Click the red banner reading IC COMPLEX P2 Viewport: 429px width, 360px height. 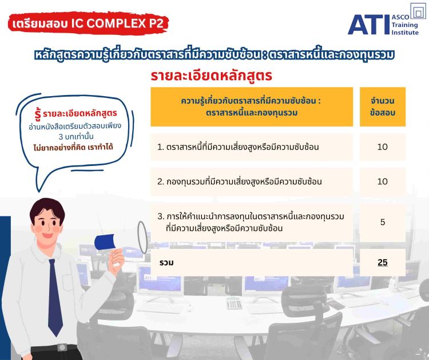[88, 23]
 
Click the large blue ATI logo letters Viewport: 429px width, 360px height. [368, 25]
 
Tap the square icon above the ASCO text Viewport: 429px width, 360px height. [418, 11]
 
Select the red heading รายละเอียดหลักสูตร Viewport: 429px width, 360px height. [211, 76]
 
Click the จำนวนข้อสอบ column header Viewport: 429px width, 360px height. [383, 107]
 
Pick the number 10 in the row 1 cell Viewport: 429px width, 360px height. [383, 147]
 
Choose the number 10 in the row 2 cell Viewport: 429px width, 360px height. [383, 181]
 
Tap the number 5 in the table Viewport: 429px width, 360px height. [383, 222]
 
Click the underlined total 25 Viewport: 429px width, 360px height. [383, 263]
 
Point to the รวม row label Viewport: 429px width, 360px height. [166, 263]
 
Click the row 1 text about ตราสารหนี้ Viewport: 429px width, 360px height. [238, 147]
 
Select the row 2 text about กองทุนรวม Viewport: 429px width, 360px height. [240, 181]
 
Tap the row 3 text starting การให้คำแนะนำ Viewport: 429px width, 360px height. [251, 222]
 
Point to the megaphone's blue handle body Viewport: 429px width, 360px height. [105, 242]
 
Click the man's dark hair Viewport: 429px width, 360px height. [46, 209]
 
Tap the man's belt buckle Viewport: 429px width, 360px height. [62, 347]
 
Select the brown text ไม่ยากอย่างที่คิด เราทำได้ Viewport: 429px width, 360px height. [73, 148]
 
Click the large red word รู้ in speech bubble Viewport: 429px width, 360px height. [38, 114]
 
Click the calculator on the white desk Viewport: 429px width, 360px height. [234, 303]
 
